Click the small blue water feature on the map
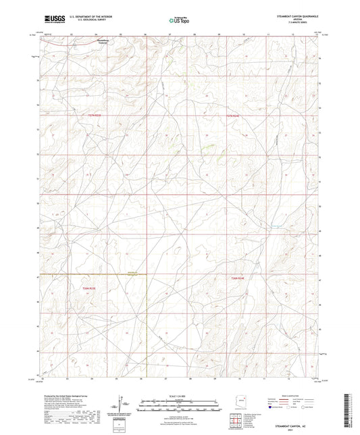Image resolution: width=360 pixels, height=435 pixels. tap(275, 225)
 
